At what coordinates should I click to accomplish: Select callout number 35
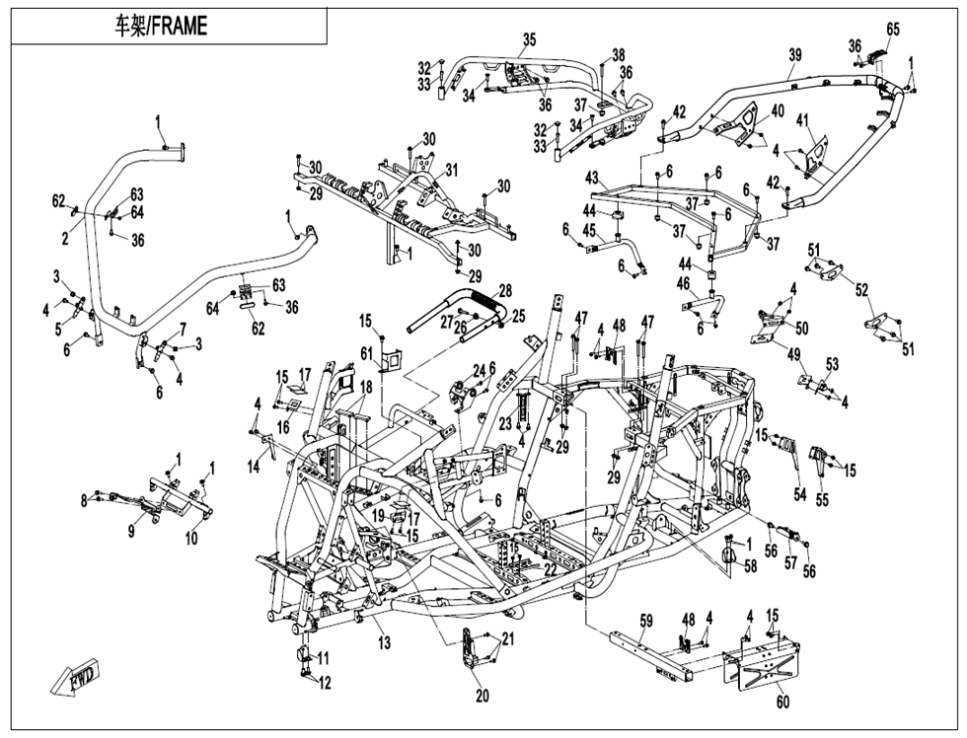529,39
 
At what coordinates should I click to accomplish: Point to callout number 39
794,56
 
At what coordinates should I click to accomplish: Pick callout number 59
645,621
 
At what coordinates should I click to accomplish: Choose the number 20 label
482,696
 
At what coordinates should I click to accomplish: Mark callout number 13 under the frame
383,642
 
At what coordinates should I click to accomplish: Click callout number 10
191,538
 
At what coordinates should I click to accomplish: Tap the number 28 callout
505,292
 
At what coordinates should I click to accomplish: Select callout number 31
452,170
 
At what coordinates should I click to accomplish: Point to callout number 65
893,30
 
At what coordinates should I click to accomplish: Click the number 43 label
592,178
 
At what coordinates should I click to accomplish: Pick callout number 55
822,500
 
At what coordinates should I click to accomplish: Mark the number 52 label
862,290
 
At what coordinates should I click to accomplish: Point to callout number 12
326,683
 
